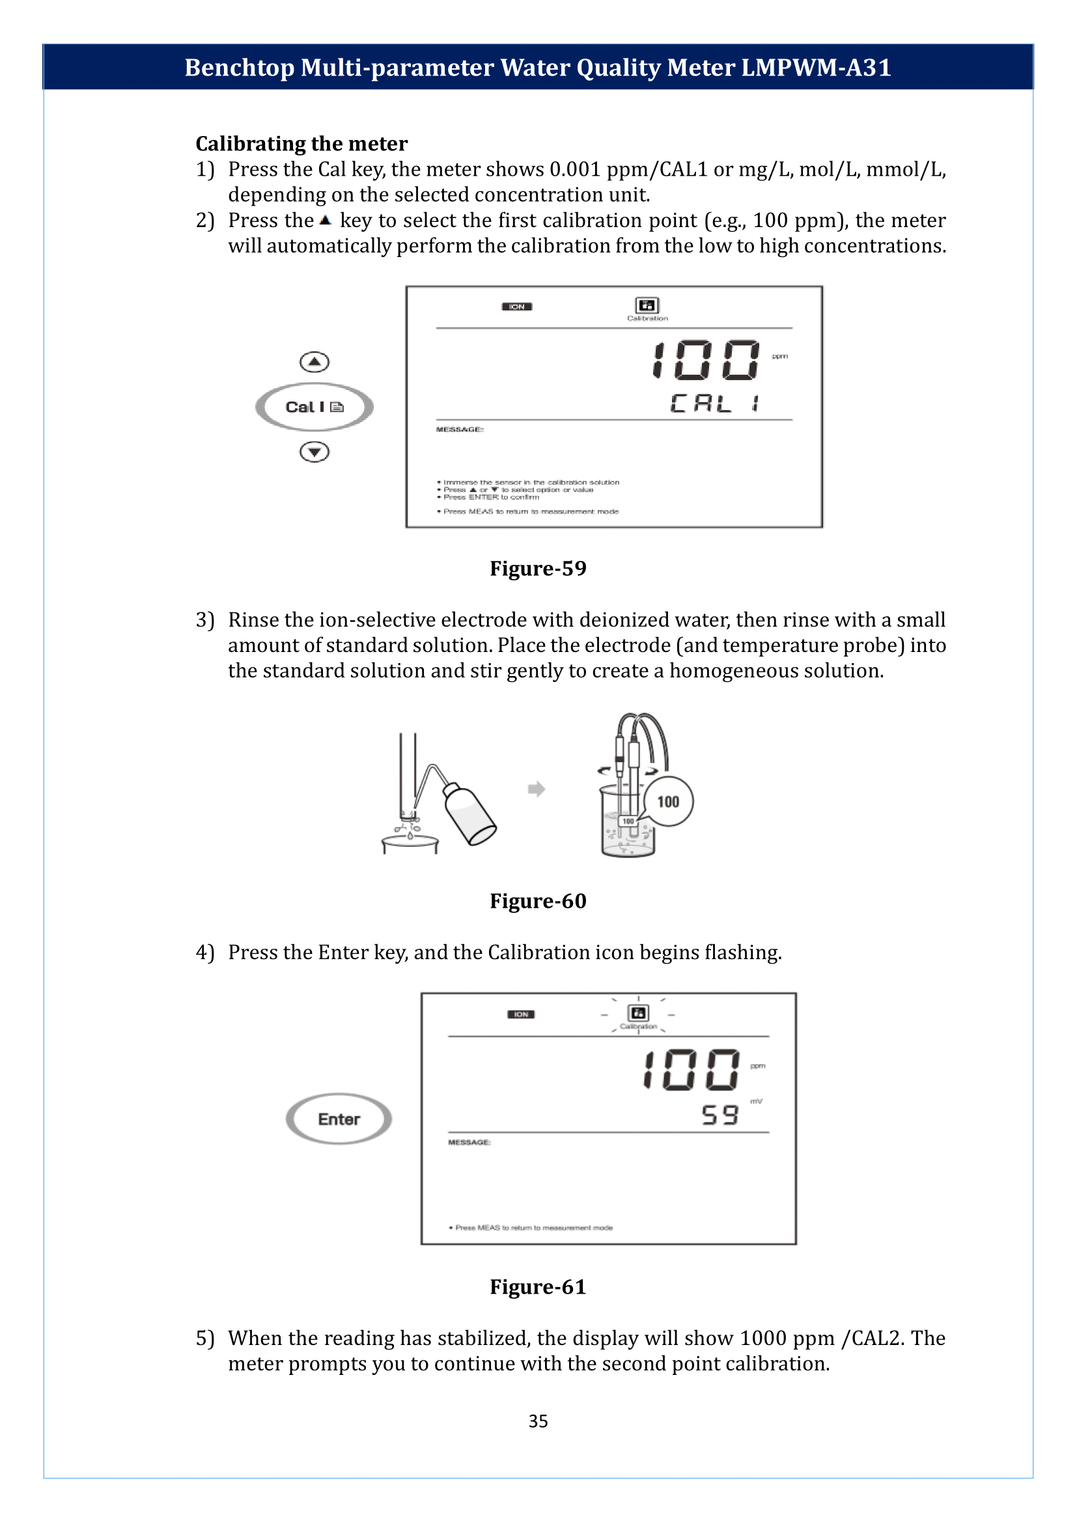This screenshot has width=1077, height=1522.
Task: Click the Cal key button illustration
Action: (315, 407)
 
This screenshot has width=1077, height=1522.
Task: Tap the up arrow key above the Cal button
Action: (315, 362)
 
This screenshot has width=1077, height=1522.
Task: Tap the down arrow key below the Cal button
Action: (315, 452)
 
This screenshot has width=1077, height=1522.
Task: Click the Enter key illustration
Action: (339, 1119)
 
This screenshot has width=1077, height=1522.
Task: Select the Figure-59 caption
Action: (538, 569)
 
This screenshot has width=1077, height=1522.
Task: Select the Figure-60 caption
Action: (538, 901)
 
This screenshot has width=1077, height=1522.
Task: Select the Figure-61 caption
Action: (538, 1286)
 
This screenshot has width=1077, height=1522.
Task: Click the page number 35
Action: (538, 1421)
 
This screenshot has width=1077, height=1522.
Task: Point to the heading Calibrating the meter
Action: (301, 143)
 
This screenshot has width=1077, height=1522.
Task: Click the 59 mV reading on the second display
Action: (720, 1115)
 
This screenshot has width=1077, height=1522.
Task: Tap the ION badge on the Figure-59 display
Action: (516, 307)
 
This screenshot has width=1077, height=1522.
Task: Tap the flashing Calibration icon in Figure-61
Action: (638, 1013)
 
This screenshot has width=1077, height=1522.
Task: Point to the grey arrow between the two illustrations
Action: (537, 789)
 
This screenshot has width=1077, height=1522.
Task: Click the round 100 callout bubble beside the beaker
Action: (668, 802)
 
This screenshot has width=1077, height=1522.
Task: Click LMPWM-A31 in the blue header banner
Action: (816, 68)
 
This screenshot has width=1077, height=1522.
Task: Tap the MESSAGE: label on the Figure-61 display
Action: (469, 1142)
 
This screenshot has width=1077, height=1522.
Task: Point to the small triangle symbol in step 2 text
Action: (325, 220)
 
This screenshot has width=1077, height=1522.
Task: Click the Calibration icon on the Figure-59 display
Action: (647, 306)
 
